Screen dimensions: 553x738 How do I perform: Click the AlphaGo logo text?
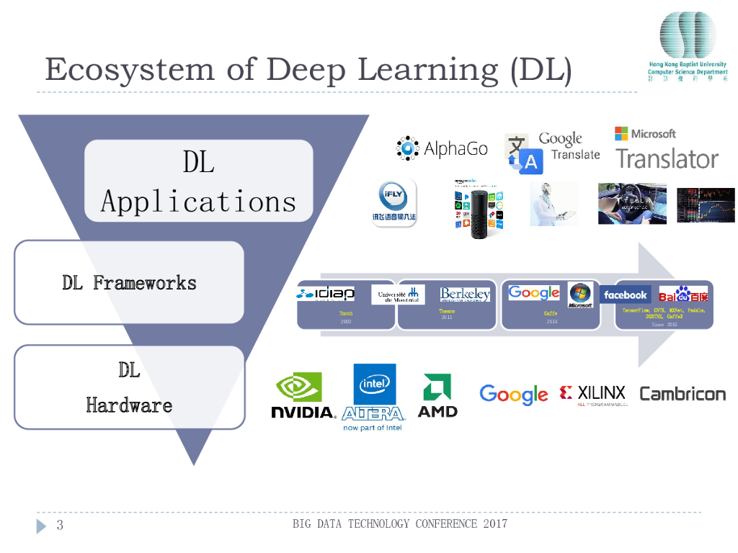click(x=455, y=149)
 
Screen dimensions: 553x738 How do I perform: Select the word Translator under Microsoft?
click(x=667, y=159)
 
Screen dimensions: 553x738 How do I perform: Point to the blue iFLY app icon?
click(x=394, y=203)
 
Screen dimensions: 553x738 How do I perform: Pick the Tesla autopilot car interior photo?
click(x=632, y=203)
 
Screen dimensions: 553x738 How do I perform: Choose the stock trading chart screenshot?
click(x=706, y=205)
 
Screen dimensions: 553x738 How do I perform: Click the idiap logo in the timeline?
click(x=325, y=294)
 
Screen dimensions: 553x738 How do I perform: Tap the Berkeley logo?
click(x=465, y=295)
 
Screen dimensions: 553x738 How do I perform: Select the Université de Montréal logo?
click(x=398, y=295)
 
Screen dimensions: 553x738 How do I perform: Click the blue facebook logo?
click(x=625, y=295)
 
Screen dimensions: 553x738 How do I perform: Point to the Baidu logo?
click(x=683, y=295)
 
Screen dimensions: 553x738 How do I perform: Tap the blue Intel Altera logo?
click(x=373, y=397)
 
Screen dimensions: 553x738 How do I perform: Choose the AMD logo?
click(x=437, y=395)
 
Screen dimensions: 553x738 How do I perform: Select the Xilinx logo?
click(x=592, y=395)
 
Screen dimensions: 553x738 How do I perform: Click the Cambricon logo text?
click(x=683, y=394)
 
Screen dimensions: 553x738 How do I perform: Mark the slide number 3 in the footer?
click(x=60, y=525)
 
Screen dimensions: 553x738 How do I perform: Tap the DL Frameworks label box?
click(x=129, y=283)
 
